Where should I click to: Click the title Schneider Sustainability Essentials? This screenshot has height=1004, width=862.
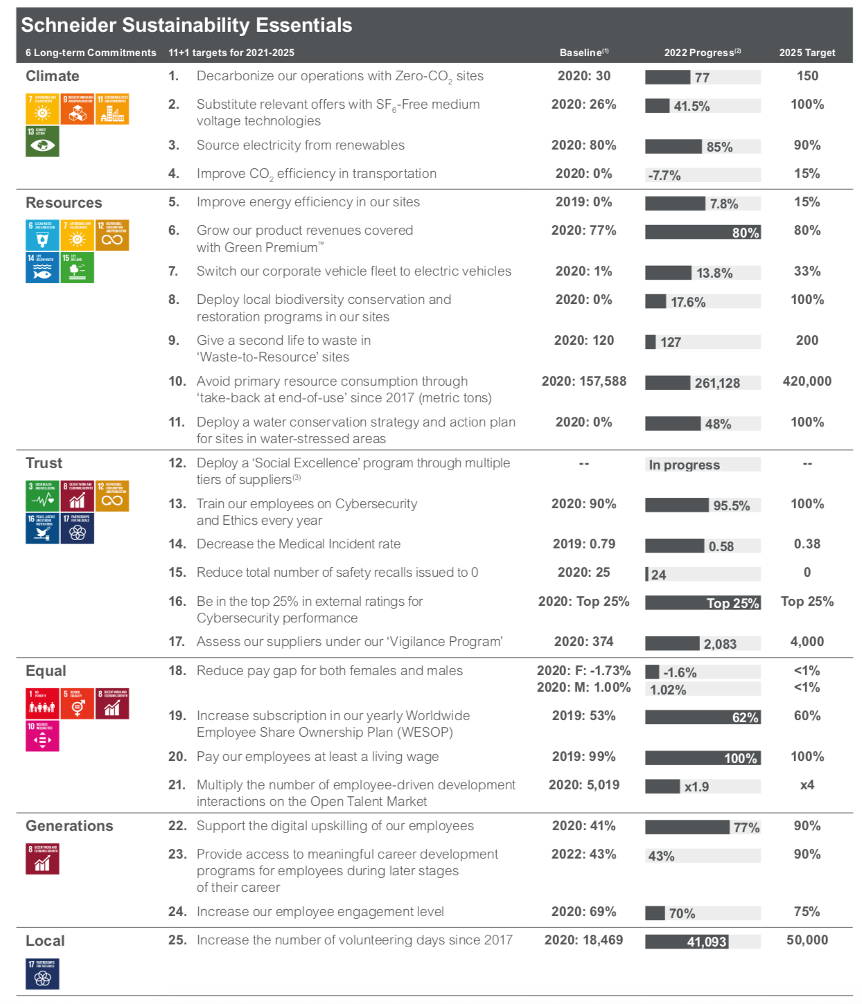tap(186, 26)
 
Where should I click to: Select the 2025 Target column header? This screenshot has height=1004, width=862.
tap(807, 53)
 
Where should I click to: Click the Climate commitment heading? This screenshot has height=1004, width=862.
tap(53, 76)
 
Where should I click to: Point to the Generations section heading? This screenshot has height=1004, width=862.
tap(69, 826)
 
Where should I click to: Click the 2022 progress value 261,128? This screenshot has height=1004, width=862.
tap(717, 383)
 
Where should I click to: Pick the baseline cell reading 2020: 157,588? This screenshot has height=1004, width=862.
tap(583, 382)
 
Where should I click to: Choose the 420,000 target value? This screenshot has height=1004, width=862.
tap(807, 382)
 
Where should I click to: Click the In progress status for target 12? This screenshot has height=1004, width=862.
tap(684, 465)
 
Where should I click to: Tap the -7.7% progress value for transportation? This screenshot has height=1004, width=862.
tap(665, 175)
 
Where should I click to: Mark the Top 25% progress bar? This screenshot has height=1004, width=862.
tap(703, 603)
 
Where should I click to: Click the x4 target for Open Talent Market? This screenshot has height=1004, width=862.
tap(807, 785)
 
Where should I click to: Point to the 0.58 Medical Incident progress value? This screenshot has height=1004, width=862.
tap(721, 546)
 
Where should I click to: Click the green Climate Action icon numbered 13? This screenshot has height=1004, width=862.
tap(42, 141)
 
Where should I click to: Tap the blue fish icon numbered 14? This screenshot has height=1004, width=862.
tap(42, 268)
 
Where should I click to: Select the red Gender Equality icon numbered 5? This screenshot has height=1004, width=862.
tap(77, 703)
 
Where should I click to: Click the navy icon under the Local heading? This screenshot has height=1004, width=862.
tap(42, 974)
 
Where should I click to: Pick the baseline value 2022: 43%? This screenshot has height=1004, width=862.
tap(583, 854)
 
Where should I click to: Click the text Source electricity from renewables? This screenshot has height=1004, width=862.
tap(300, 145)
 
